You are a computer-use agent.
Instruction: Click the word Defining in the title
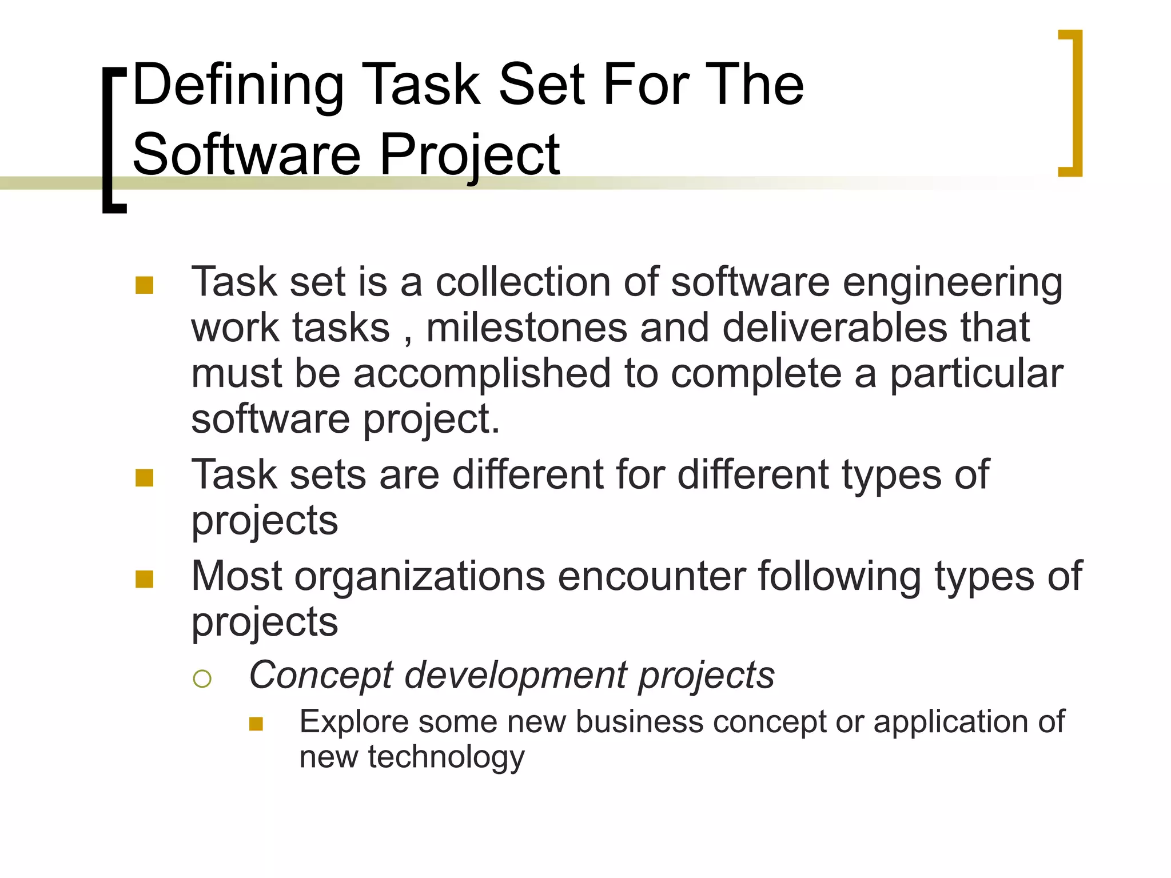tap(238, 86)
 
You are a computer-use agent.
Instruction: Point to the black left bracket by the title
tap(112, 141)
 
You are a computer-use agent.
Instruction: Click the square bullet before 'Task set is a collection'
tap(144, 285)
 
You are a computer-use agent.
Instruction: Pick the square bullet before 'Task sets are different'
tap(144, 477)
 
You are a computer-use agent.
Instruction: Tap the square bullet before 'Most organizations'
tap(144, 579)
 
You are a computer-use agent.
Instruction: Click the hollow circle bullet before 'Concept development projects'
tap(202, 679)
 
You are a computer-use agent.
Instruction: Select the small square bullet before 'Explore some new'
tap(256, 724)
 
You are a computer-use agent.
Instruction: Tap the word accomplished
tap(482, 374)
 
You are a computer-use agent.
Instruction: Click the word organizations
tap(420, 576)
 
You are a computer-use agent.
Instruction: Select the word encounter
tap(652, 576)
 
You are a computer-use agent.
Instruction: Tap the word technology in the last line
tap(446, 758)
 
